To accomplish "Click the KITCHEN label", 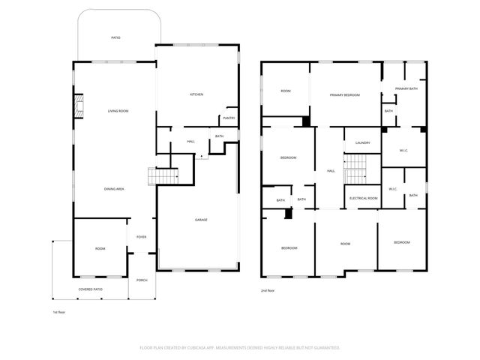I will coord(196,94).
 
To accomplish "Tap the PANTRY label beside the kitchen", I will coord(229,118).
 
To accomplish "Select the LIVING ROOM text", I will coord(118,111).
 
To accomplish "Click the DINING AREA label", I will coord(114,189).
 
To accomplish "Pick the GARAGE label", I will coord(201,220).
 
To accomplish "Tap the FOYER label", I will coord(141,237).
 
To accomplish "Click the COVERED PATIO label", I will coord(90,289).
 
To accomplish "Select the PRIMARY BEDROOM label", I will coord(345,95).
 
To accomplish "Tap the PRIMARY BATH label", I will coord(406,89).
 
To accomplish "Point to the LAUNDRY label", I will coord(363,142).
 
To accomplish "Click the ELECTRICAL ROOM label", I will coord(363,198).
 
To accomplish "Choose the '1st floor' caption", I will coord(59,311).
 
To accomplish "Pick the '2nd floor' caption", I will coord(268,290).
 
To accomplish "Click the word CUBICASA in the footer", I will coord(222,348).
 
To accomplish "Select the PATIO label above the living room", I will coord(116,37).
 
